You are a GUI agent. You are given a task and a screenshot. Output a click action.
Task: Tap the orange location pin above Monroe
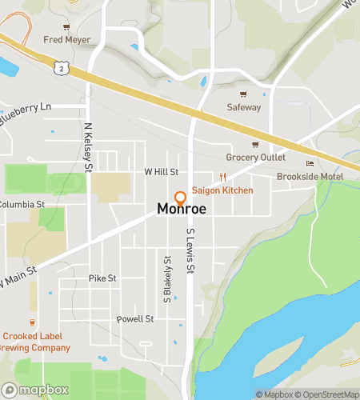point(180,197)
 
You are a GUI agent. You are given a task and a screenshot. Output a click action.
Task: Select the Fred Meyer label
point(66,38)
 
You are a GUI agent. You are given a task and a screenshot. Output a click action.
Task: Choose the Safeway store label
point(243,106)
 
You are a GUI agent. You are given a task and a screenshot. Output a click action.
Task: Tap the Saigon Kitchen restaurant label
point(222,190)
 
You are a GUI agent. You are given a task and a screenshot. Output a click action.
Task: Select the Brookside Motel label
point(310,176)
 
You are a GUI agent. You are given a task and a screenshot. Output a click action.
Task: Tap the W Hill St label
point(161,171)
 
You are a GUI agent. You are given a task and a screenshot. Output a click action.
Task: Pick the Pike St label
point(102,278)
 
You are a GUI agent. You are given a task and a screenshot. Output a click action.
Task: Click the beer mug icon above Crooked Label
point(33,323)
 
